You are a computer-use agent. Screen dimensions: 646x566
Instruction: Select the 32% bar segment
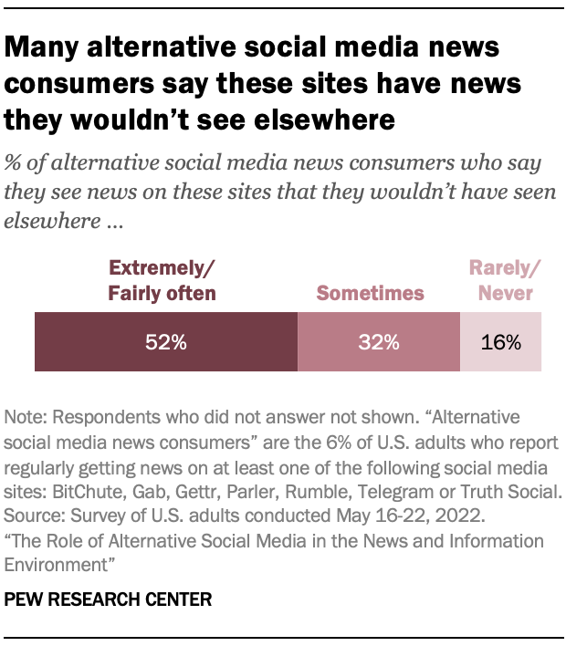pyautogui.click(x=378, y=342)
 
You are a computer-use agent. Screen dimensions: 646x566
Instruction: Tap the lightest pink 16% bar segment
pyautogui.click(x=500, y=342)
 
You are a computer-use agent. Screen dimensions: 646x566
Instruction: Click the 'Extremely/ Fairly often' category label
pyautogui.click(x=162, y=280)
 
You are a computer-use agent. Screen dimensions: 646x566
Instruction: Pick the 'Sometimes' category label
pyautogui.click(x=370, y=293)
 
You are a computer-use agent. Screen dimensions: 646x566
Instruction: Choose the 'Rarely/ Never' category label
pyautogui.click(x=500, y=280)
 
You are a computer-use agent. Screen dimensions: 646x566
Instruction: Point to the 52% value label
pyautogui.click(x=166, y=343)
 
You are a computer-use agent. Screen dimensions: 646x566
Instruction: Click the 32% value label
pyautogui.click(x=378, y=343)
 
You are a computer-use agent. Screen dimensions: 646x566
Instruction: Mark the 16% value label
pyautogui.click(x=500, y=343)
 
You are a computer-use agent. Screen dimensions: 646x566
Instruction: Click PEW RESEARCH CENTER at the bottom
pyautogui.click(x=109, y=599)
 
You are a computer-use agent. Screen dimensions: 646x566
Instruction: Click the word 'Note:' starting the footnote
pyautogui.click(x=25, y=417)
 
